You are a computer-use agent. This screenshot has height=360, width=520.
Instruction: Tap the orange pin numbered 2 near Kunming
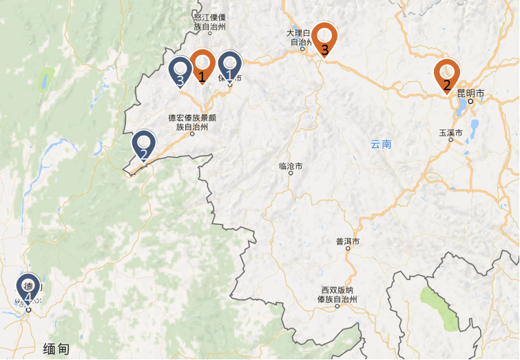tap(447, 75)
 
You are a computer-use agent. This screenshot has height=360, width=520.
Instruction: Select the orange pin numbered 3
tap(324, 39)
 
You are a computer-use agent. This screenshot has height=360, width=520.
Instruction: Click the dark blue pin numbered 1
tap(230, 67)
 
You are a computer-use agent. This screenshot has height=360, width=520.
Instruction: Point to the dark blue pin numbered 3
tap(180, 72)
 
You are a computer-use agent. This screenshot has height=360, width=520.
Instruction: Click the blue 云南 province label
tap(381, 144)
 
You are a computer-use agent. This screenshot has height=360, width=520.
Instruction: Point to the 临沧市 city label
tap(291, 165)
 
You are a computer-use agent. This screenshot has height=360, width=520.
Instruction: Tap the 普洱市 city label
tap(348, 241)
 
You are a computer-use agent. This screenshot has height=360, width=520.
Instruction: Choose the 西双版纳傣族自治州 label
tap(339, 295)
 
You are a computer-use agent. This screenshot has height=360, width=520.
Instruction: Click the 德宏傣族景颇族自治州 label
tap(192, 122)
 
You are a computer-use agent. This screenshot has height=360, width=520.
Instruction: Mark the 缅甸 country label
tap(56, 348)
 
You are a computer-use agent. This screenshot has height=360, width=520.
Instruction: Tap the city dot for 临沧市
tap(291, 173)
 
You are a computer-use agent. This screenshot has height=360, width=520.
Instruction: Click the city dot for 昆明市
tap(471, 101)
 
